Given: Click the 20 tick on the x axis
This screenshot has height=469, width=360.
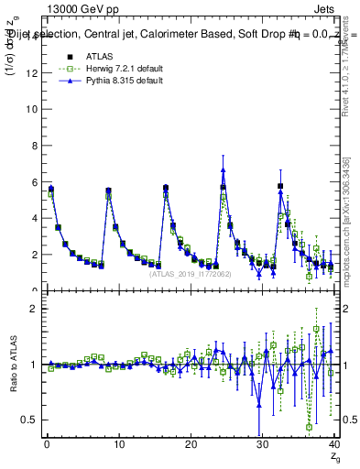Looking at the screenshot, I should point(191,444).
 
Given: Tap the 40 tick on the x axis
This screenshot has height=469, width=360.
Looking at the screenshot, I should point(334,444).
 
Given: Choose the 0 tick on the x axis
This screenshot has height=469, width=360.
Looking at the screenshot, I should point(47,444).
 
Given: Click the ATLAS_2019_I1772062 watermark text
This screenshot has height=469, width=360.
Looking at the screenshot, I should point(191,273).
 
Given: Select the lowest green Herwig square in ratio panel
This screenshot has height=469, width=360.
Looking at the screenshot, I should point(309,427).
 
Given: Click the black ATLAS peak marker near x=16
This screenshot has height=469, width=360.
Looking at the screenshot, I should point(166,188).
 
